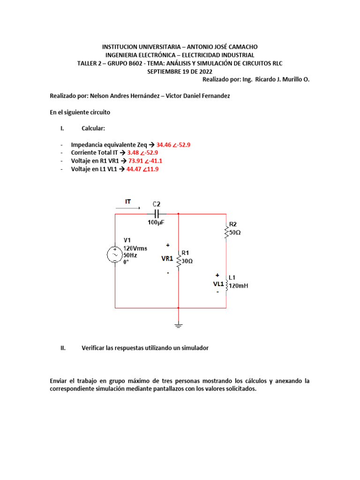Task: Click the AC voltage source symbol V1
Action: point(115,255)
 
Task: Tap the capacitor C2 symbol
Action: point(157,214)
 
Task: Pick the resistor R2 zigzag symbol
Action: point(226,232)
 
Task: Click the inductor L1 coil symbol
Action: point(226,285)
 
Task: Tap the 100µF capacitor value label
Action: point(156,223)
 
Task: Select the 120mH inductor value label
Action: point(239,285)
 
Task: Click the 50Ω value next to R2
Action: point(235,232)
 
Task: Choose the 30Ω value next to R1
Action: point(187,261)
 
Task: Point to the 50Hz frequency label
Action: point(130,255)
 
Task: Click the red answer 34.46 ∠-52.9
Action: point(173,145)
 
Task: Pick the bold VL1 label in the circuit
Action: point(218,284)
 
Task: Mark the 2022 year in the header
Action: point(205,72)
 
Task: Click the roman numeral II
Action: point(63,348)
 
